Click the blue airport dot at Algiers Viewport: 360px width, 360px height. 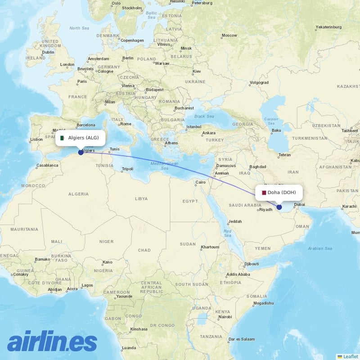[x=81, y=152]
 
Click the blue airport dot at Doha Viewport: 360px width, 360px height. [x=279, y=207]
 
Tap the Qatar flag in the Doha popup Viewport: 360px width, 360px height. [x=264, y=193]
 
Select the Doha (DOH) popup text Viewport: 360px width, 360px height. [x=282, y=193]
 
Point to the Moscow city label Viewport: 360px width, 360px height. [x=229, y=35]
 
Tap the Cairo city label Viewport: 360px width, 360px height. [x=200, y=182]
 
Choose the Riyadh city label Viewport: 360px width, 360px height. [x=265, y=209]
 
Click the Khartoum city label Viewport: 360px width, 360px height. [x=210, y=247]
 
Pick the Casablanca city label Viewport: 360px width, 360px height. [x=47, y=165]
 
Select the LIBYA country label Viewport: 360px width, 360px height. [x=141, y=198]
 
